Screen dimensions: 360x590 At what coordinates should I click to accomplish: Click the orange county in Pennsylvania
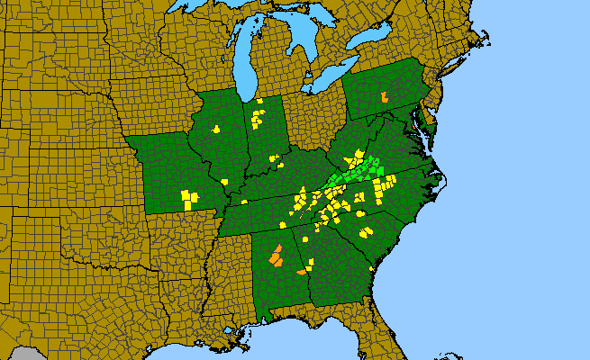click(x=384, y=95)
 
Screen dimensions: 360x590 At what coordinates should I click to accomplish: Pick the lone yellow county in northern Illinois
click(x=216, y=129)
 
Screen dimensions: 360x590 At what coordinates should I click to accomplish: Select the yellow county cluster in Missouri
click(x=188, y=197)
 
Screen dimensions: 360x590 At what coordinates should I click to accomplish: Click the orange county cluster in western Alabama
click(x=277, y=256)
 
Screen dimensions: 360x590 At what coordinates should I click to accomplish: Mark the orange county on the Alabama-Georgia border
click(x=302, y=271)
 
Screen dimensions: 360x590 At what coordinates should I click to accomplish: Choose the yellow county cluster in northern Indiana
click(x=258, y=116)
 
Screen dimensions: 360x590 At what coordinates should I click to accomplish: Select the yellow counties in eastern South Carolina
click(x=366, y=231)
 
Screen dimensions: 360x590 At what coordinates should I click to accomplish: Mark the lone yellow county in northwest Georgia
click(x=305, y=239)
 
